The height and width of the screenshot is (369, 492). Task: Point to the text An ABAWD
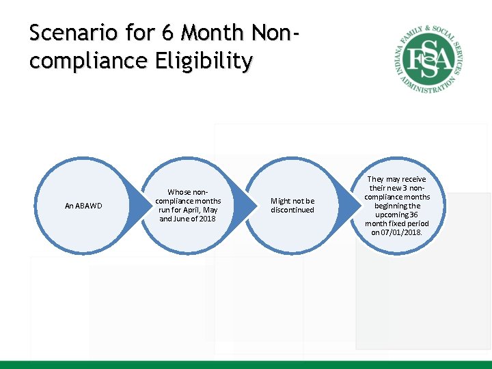point(83,206)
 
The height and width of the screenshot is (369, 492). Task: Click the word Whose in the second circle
point(179,192)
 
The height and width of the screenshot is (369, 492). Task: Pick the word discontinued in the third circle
point(292,210)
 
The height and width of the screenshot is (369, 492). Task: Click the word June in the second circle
point(175,219)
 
